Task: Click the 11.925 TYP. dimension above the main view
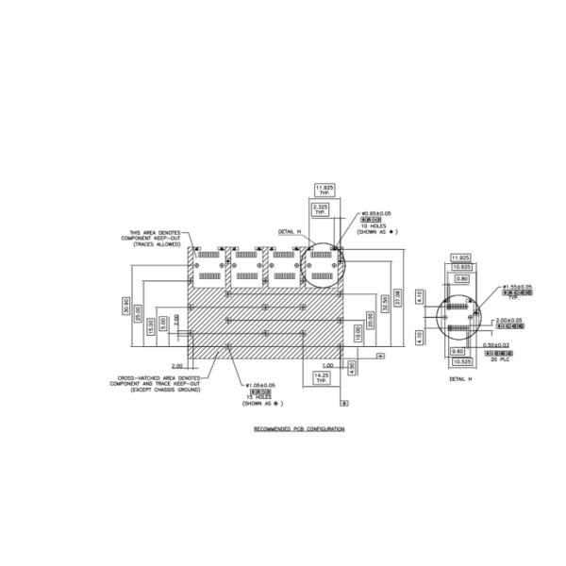tap(325, 189)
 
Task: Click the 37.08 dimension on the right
tap(398, 296)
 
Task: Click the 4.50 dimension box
tap(352, 367)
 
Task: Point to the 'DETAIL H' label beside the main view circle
tap(288, 231)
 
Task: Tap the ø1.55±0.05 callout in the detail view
tap(516, 286)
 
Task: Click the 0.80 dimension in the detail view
tap(461, 279)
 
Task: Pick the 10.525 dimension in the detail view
tap(461, 360)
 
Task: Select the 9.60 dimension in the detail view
tap(458, 349)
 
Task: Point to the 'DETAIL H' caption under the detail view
tap(459, 378)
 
